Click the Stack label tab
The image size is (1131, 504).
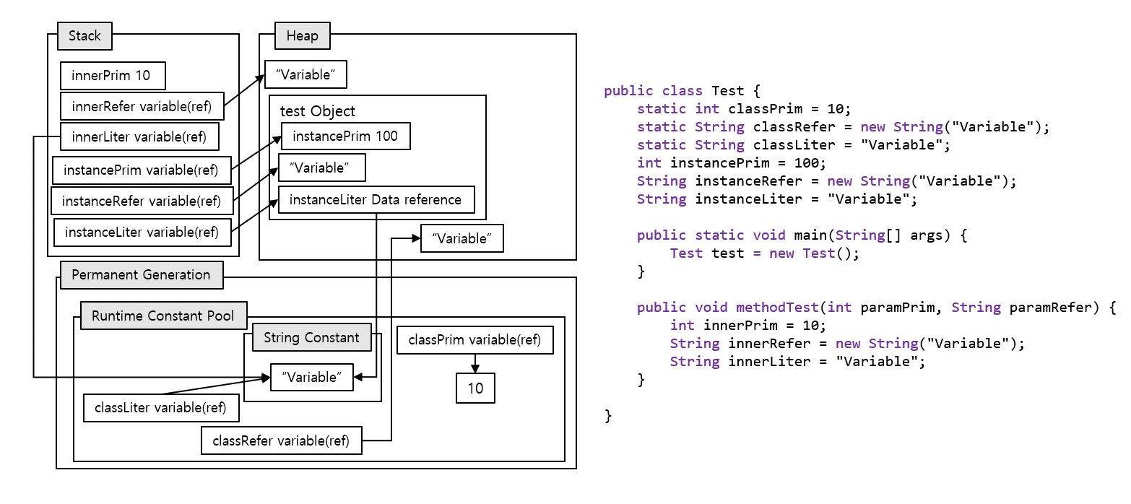point(84,35)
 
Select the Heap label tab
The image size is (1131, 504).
point(302,35)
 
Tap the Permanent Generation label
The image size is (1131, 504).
point(141,275)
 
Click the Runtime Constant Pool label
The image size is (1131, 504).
point(163,316)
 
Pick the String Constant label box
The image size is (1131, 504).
point(311,337)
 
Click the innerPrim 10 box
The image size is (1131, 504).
point(111,76)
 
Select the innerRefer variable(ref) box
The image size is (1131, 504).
point(142,107)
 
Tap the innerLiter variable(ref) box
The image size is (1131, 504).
point(139,136)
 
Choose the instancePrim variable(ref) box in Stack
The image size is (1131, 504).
point(141,170)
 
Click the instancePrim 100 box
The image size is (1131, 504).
point(345,136)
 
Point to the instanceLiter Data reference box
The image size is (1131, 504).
point(376,200)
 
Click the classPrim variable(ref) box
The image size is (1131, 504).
point(474,340)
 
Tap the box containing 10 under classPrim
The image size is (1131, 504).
point(475,388)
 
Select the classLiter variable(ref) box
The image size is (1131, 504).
point(161,408)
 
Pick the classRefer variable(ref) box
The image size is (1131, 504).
point(281,440)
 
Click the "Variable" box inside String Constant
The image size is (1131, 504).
point(312,377)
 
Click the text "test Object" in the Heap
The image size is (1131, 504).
point(318,111)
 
